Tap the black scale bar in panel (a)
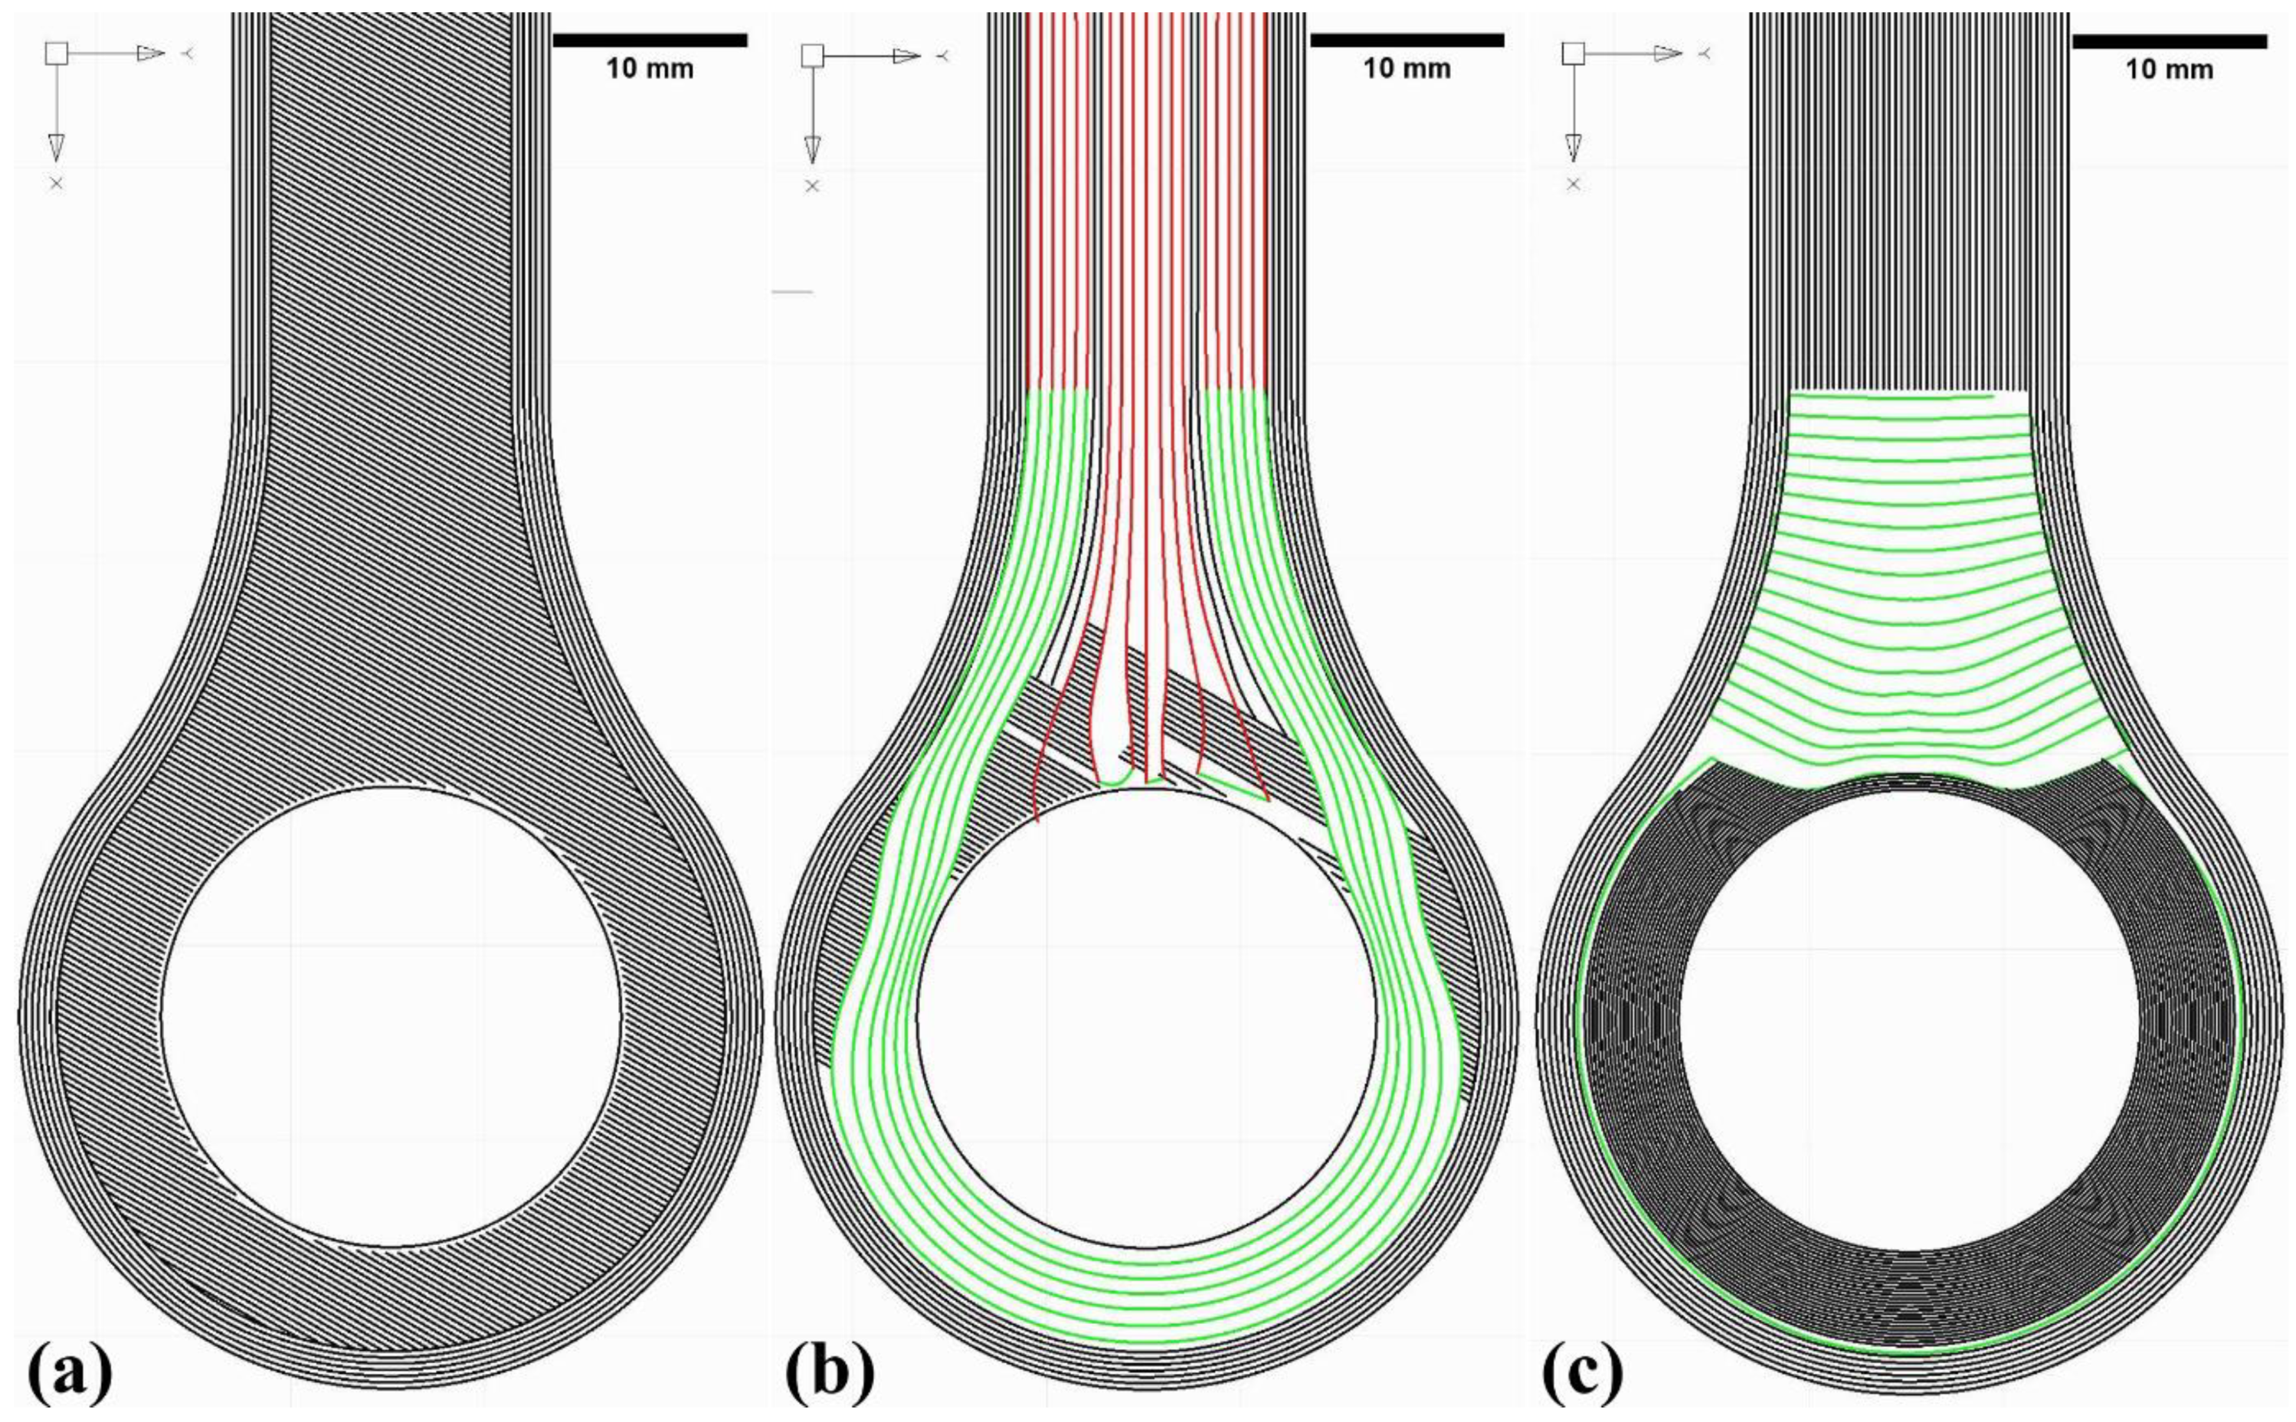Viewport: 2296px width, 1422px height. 650,40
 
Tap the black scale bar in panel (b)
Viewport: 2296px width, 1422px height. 1407,40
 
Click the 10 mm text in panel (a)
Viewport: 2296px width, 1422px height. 650,69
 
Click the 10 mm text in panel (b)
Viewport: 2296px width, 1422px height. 1407,69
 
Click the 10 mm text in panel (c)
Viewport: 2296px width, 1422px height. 2169,70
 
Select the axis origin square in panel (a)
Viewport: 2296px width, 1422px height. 57,54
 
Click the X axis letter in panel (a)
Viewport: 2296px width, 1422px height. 57,183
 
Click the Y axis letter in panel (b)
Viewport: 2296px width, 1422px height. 943,57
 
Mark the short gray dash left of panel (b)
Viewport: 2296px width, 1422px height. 791,293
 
